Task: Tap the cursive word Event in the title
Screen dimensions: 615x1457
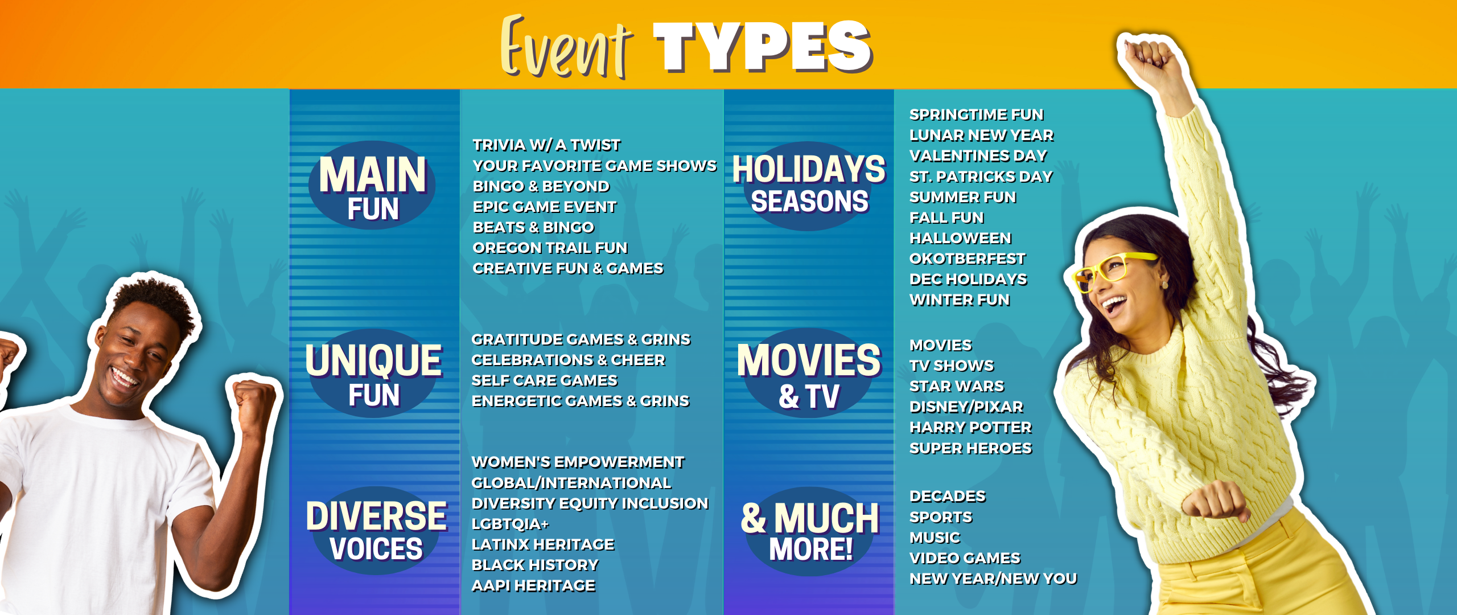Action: [566, 48]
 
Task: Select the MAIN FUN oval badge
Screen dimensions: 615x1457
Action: [372, 186]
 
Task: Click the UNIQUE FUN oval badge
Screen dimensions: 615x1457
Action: [373, 374]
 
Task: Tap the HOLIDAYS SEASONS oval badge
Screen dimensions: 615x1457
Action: [809, 186]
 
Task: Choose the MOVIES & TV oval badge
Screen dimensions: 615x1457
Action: [809, 374]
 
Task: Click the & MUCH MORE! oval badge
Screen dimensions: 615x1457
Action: [810, 531]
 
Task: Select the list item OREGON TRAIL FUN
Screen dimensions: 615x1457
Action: [550, 248]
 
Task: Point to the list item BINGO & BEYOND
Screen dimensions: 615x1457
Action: [541, 186]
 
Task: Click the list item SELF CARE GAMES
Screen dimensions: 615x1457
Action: [544, 380]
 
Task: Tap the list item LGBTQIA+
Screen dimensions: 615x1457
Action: [510, 524]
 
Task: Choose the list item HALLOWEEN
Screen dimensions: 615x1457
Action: [960, 238]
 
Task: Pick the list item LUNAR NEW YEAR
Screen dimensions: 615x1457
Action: [981, 135]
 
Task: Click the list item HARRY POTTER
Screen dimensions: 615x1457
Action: [970, 427]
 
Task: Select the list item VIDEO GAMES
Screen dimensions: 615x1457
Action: [965, 558]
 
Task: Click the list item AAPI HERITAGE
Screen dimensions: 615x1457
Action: [533, 585]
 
